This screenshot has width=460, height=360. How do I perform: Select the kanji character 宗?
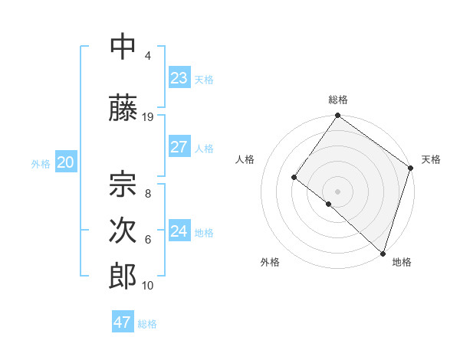[123, 183]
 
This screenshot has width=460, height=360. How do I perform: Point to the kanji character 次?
[123, 231]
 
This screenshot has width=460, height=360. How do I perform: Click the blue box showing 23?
[179, 78]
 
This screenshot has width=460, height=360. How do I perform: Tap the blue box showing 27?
[179, 147]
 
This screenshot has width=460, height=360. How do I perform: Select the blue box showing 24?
[179, 231]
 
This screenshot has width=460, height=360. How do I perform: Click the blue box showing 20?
[65, 162]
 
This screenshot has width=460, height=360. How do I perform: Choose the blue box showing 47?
[123, 322]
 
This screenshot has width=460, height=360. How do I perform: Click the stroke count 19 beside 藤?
[148, 116]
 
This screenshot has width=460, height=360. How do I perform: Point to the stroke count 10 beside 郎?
[148, 286]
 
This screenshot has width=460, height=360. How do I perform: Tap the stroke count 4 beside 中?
[148, 56]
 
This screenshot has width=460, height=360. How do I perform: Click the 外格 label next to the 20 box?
[41, 163]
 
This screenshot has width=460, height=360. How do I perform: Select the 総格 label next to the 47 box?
[147, 323]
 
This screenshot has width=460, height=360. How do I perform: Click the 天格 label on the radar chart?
[431, 159]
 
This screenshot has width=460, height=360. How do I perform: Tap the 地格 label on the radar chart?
[402, 262]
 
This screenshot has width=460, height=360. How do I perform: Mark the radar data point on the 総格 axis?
[337, 116]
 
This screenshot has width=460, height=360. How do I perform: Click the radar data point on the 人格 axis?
[294, 177]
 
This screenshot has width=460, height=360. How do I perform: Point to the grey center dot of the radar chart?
[337, 191]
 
